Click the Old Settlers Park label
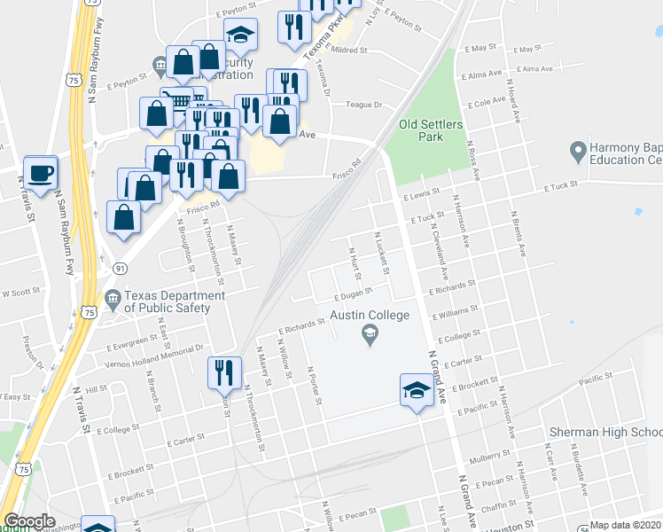coord(431,131)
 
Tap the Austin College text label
coord(370,316)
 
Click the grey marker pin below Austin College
coord(370,335)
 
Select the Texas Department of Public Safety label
coord(168,301)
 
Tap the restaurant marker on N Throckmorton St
coord(224,372)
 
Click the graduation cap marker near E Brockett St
coord(416,391)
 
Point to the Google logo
coord(29,521)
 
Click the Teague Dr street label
coord(363,105)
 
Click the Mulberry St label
coord(487,462)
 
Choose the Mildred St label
coord(349,51)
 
